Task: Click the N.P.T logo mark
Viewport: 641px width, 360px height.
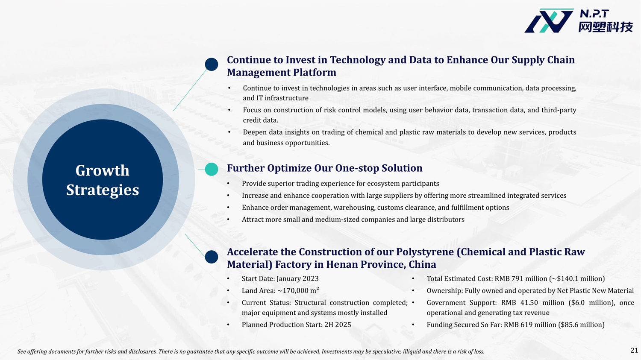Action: click(549, 20)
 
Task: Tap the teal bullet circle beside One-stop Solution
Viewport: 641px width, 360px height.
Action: click(212, 169)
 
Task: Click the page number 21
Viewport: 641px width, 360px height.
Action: click(634, 350)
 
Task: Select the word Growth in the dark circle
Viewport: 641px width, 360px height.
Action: click(103, 171)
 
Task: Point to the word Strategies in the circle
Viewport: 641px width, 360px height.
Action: click(103, 190)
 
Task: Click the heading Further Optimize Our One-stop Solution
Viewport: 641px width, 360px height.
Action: click(325, 168)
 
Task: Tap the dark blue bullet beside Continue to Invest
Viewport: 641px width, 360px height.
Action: click(212, 64)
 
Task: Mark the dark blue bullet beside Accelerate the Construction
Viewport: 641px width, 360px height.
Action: click(212, 257)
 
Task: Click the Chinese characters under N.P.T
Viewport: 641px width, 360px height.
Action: click(606, 27)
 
